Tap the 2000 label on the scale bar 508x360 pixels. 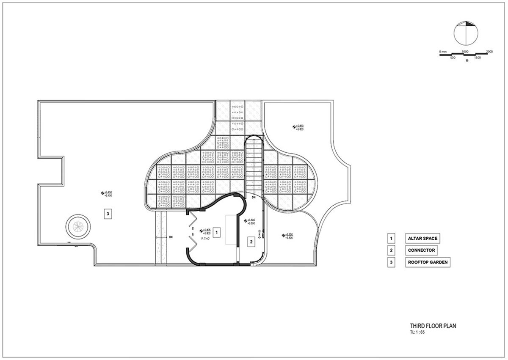pos(489,52)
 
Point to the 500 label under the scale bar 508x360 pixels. pos(453,58)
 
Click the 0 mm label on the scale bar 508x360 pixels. pos(442,52)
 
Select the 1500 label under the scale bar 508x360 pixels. pos(478,58)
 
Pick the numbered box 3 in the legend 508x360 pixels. pos(392,262)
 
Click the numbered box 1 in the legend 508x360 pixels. pos(392,239)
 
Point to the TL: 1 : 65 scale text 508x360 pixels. pos(417,333)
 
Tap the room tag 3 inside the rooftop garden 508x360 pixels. pos(108,214)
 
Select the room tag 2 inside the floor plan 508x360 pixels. pos(251,242)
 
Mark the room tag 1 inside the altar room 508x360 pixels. pos(216,232)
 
